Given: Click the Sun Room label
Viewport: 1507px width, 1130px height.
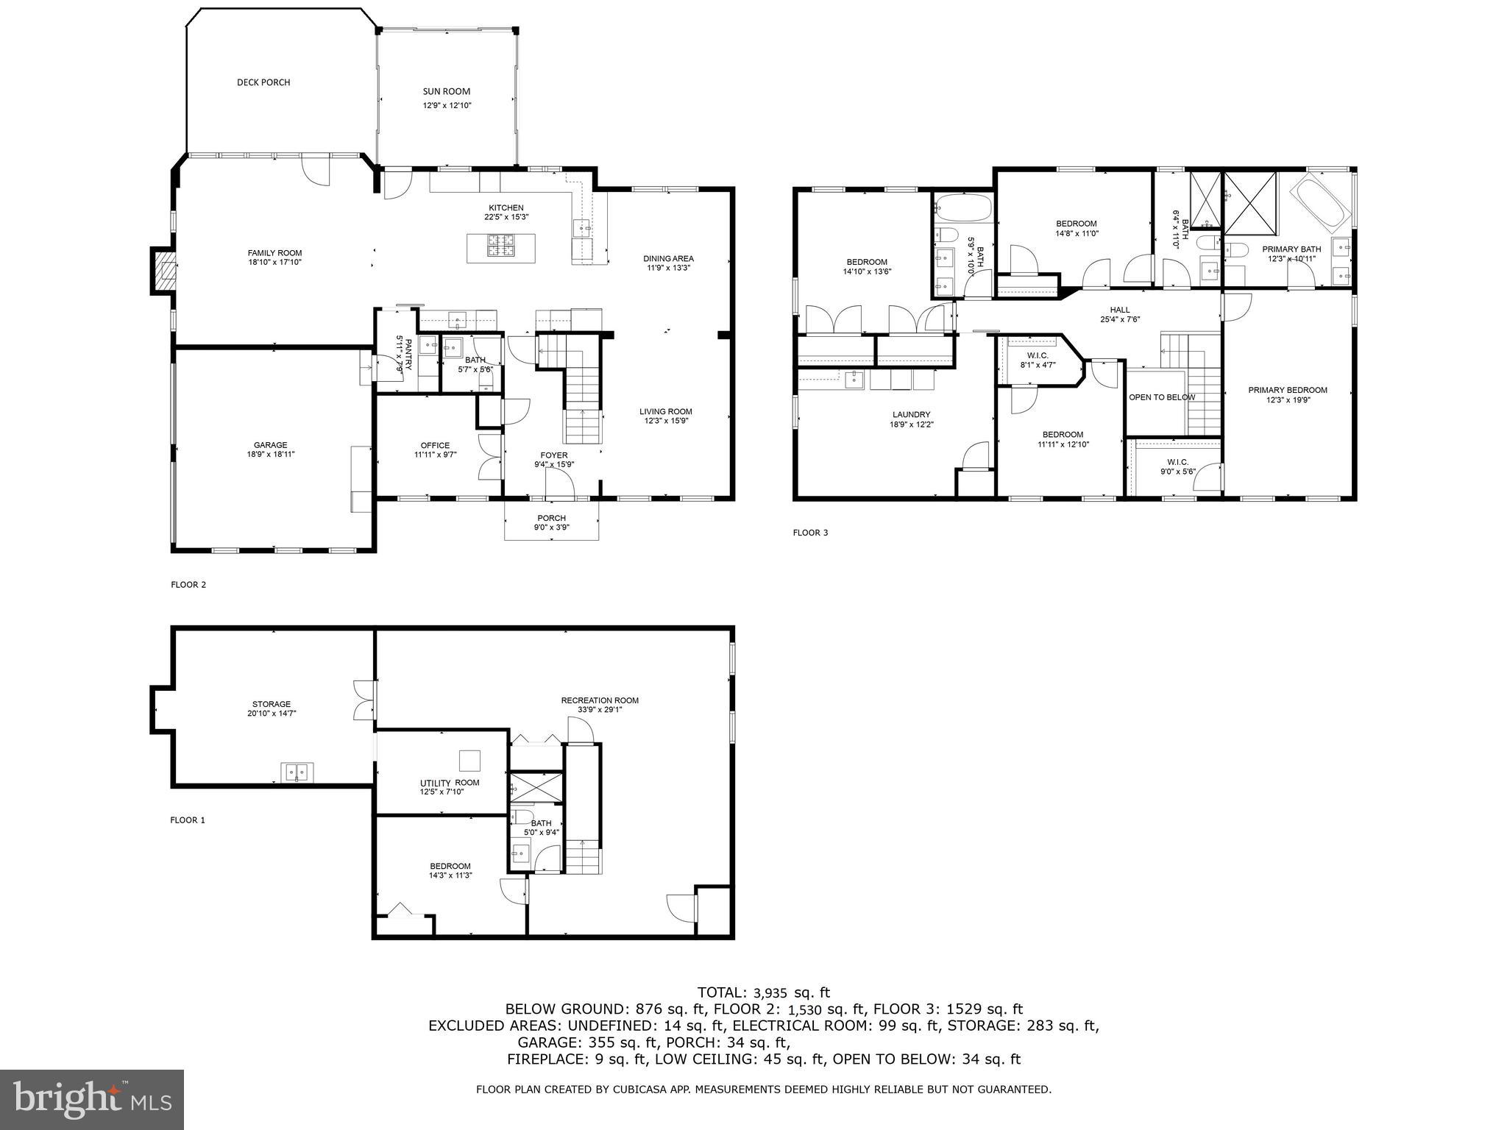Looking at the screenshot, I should [446, 92].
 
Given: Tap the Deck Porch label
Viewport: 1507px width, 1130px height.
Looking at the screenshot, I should [263, 82].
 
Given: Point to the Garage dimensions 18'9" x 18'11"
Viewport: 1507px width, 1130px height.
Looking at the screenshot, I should [270, 455].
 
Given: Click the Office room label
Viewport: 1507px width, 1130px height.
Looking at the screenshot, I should [435, 445].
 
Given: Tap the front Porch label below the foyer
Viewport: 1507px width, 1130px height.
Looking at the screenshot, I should [551, 518].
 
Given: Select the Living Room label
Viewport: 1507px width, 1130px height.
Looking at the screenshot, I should [665, 411].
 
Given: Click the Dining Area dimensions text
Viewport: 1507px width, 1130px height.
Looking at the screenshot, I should [668, 268].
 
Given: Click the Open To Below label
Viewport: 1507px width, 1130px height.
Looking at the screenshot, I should [1162, 397].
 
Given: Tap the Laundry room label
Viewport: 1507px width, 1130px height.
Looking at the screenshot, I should [911, 414].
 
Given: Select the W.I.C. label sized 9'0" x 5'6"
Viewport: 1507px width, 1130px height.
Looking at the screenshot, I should [1177, 462].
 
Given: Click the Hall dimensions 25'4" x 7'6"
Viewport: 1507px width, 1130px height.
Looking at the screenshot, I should [1119, 320].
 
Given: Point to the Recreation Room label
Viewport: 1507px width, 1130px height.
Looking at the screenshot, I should [600, 700].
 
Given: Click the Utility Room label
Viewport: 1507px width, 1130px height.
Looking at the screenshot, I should [450, 783].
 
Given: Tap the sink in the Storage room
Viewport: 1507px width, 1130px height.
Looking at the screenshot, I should [297, 772].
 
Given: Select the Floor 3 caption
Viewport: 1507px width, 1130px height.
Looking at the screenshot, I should [810, 533].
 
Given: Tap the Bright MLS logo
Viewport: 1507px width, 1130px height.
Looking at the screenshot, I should [92, 1099].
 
